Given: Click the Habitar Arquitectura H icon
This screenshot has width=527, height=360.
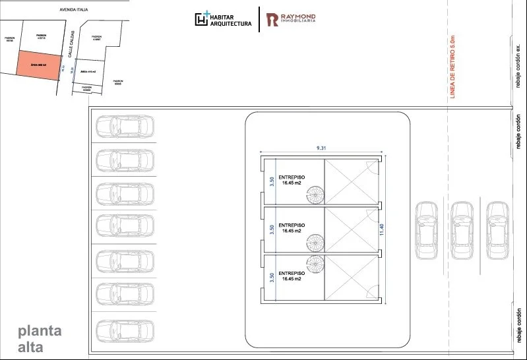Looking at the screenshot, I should pyautogui.click(x=202, y=19).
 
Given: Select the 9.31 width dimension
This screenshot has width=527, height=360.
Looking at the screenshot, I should pyautogui.click(x=321, y=148).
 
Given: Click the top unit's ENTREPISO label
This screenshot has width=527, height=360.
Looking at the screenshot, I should pyautogui.click(x=291, y=181).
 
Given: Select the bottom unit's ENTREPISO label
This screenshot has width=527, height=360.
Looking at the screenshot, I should pyautogui.click(x=291, y=276).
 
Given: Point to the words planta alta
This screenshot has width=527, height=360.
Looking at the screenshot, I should pyautogui.click(x=40, y=338).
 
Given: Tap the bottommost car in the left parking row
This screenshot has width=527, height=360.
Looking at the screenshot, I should pyautogui.click(x=124, y=330).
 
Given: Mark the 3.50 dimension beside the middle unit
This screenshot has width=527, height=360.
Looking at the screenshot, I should pyautogui.click(x=270, y=229).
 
